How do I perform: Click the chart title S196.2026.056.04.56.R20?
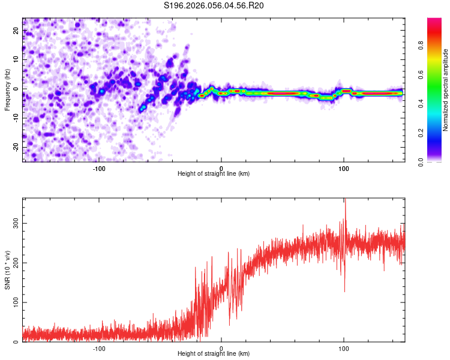pyautogui.click(x=214, y=5)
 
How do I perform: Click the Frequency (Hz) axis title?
pyautogui.click(x=7, y=89)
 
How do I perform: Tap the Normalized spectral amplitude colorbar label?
pyautogui.click(x=445, y=90)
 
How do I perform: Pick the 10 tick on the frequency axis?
pyautogui.click(x=17, y=60)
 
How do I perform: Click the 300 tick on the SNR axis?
pyautogui.click(x=17, y=222)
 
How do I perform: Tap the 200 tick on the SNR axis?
pyautogui.click(x=17, y=262)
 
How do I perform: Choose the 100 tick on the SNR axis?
pyautogui.click(x=17, y=302)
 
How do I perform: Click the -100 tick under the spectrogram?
pyautogui.click(x=99, y=169)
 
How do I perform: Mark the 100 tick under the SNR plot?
pyautogui.click(x=344, y=349)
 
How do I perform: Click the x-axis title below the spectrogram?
pyautogui.click(x=214, y=174)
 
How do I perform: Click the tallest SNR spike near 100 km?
pyautogui.click(x=345, y=200)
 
